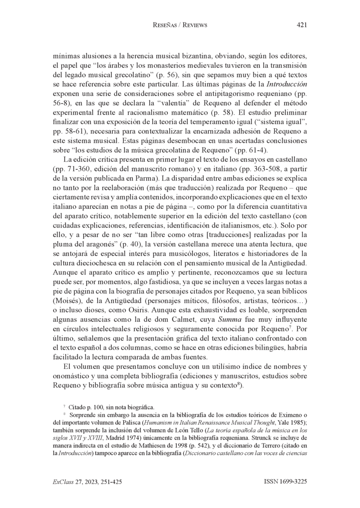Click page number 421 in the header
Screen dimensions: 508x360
[301, 25]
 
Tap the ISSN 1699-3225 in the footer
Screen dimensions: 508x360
[285, 481]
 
